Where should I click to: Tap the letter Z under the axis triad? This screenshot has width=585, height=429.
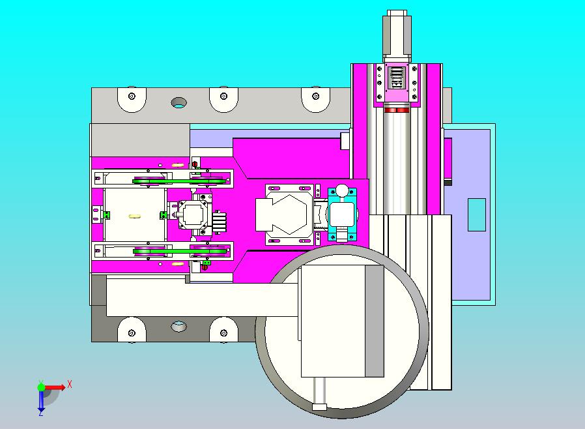(41, 411)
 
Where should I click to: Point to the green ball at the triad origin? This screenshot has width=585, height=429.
(42, 387)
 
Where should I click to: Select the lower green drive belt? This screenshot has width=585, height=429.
(180, 250)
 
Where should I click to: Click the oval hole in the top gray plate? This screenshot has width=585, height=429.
(178, 102)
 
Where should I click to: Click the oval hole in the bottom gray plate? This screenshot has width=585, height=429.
(178, 326)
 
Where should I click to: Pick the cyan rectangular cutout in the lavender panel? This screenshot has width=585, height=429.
(477, 214)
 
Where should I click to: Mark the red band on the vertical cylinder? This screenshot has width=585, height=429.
(397, 111)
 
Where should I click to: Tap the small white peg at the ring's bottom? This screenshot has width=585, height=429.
(319, 407)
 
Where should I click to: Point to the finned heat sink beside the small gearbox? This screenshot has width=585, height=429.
(220, 222)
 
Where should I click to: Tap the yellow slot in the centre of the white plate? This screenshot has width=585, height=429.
(135, 215)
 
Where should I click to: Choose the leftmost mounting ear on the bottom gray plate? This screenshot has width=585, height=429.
(132, 331)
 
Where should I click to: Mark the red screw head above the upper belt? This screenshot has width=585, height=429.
(193, 163)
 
